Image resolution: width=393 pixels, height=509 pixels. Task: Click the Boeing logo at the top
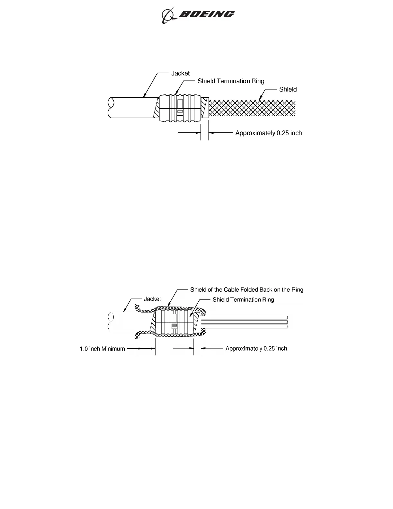pos(198,15)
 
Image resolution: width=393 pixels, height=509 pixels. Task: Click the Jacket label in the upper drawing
pos(180,73)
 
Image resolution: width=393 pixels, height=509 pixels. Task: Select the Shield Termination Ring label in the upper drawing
pos(231,81)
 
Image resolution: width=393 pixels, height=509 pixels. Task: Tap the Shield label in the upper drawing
pos(288,89)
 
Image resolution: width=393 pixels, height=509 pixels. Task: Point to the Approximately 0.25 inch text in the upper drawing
pos(268,133)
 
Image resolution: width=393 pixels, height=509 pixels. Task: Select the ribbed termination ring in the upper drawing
pos(180,108)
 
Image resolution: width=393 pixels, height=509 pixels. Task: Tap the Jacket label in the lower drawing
pos(152,299)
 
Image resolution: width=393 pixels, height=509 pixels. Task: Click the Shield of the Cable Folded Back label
pos(246,290)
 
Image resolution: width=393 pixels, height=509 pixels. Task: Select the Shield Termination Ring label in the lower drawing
pos(243,300)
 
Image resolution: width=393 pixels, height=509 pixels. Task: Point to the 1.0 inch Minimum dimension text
pos(102,349)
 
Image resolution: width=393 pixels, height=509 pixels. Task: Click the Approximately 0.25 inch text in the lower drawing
pos(256,349)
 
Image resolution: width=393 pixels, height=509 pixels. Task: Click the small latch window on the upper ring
pos(180,112)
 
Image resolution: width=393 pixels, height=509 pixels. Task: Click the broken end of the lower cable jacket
pos(111,322)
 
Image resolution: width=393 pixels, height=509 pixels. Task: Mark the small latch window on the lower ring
pos(174,326)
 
